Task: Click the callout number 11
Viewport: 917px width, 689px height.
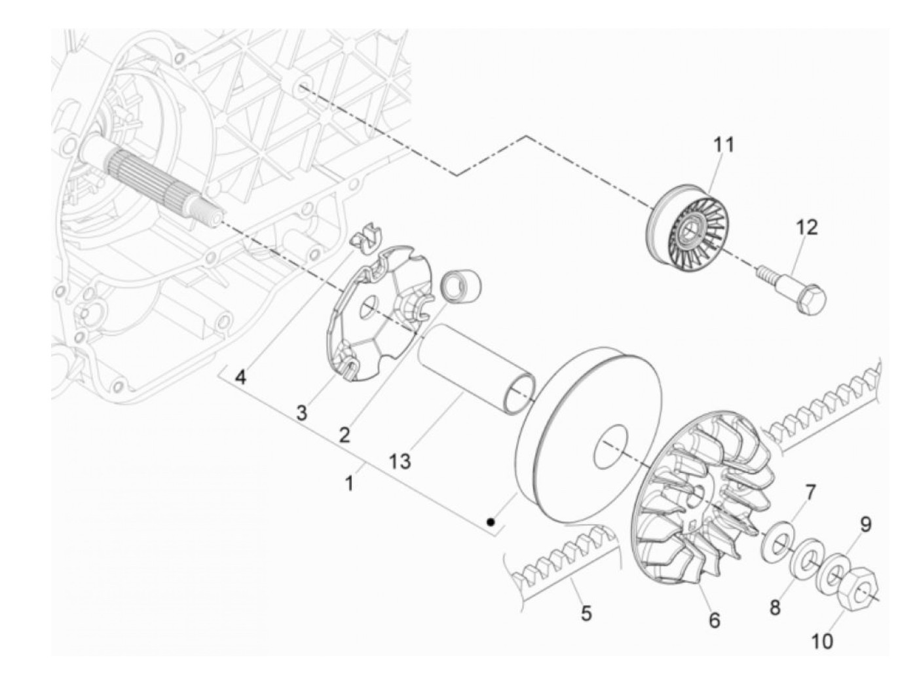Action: [x=724, y=144]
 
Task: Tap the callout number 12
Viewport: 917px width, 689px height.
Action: [x=807, y=227]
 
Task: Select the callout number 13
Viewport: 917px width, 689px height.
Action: [x=400, y=461]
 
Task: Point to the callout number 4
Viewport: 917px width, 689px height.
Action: [x=241, y=378]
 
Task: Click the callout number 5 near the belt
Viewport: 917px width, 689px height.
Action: [x=586, y=614]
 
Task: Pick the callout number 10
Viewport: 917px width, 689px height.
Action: [x=823, y=641]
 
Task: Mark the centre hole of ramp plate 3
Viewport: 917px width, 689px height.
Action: [x=371, y=309]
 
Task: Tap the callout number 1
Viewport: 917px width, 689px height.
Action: [x=349, y=484]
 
